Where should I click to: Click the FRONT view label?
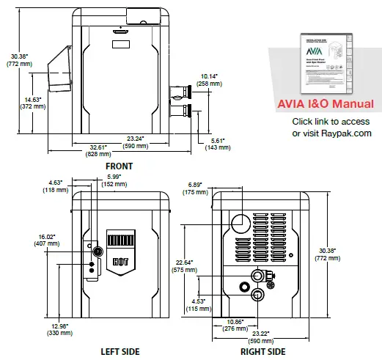(x=119, y=166)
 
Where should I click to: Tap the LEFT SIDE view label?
(x=120, y=351)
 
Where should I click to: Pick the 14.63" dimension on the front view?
(x=33, y=103)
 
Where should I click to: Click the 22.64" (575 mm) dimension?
(x=186, y=266)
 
